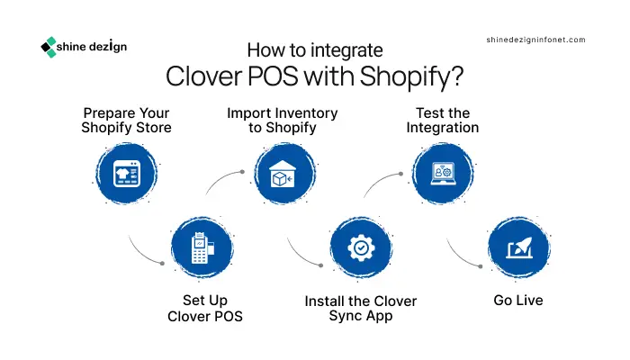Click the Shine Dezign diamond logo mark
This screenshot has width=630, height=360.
click(x=49, y=47)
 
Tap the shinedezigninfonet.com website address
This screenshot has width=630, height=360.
click(x=535, y=40)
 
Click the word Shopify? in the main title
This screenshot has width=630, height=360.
click(x=411, y=76)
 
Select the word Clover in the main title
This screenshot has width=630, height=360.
click(x=204, y=76)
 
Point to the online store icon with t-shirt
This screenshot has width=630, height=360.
click(x=127, y=174)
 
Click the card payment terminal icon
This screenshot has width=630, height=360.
click(x=202, y=247)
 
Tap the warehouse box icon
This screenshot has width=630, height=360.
click(x=283, y=174)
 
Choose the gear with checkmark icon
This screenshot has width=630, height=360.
click(x=361, y=247)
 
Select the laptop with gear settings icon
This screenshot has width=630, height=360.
click(x=443, y=174)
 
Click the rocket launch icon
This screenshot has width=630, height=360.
click(x=518, y=247)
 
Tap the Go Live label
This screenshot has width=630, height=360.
click(x=517, y=300)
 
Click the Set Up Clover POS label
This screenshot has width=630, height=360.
click(x=205, y=308)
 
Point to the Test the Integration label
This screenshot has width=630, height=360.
click(x=443, y=120)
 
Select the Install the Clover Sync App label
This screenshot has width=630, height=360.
click(x=360, y=308)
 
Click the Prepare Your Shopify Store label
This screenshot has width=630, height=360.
click(x=126, y=120)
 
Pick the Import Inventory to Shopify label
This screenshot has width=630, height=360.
click(x=282, y=120)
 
